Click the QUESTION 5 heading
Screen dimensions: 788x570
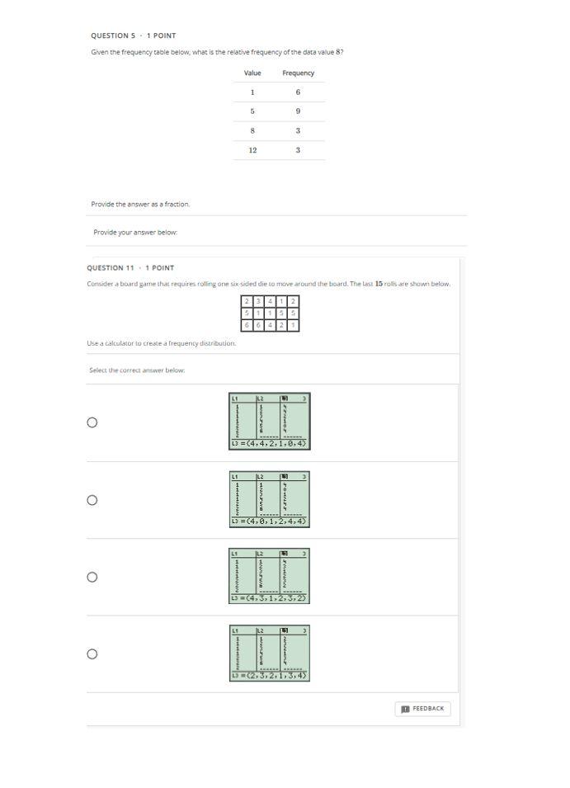pyautogui.click(x=133, y=36)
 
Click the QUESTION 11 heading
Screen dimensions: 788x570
pyautogui.click(x=130, y=268)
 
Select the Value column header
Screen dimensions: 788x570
pyautogui.click(x=252, y=73)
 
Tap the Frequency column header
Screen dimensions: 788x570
pyautogui.click(x=298, y=73)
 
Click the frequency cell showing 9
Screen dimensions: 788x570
pyautogui.click(x=298, y=111)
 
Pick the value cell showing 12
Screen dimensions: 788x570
pyautogui.click(x=252, y=150)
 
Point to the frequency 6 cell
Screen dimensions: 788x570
pyautogui.click(x=298, y=92)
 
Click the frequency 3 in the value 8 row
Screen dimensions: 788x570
pyautogui.click(x=298, y=131)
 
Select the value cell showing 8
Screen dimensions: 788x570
pyautogui.click(x=252, y=131)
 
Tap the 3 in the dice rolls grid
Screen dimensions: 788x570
pyautogui.click(x=258, y=302)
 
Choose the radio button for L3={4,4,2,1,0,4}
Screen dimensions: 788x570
pyautogui.click(x=92, y=422)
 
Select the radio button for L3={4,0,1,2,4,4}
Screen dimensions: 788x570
pyautogui.click(x=92, y=500)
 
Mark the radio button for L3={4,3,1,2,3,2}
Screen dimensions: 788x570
pyautogui.click(x=92, y=577)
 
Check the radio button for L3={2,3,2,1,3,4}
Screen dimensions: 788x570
pyautogui.click(x=92, y=654)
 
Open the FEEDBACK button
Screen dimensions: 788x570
pyautogui.click(x=423, y=709)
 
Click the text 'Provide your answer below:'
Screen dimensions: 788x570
pyautogui.click(x=135, y=233)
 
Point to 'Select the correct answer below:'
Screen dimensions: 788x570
pyautogui.click(x=137, y=370)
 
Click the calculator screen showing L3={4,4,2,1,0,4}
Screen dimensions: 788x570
pyautogui.click(x=269, y=421)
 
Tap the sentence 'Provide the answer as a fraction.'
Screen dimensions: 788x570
pyautogui.click(x=140, y=204)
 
